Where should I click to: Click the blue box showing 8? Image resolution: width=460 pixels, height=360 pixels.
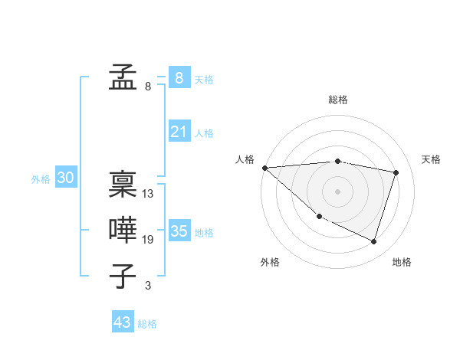(x=179, y=77)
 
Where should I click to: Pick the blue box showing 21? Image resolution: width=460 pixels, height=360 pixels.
(x=179, y=132)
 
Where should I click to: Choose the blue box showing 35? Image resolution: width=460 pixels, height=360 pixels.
(x=179, y=231)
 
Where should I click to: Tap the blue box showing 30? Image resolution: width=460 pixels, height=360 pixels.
(x=66, y=178)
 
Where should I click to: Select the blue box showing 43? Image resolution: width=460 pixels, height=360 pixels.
(x=122, y=322)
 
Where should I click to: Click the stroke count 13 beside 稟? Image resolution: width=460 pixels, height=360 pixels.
(x=148, y=194)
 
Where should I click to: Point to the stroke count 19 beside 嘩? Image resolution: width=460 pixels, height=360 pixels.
(x=148, y=240)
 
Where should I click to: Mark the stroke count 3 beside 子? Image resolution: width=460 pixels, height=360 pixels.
(x=148, y=286)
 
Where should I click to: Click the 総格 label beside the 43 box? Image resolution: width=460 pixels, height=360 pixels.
(x=147, y=324)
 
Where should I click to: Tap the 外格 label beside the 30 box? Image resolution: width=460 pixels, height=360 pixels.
(x=41, y=179)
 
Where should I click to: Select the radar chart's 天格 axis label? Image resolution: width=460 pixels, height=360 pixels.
(x=431, y=159)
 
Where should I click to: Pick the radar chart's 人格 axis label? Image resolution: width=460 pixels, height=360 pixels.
(x=245, y=159)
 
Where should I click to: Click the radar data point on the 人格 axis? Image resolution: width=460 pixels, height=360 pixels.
(x=264, y=168)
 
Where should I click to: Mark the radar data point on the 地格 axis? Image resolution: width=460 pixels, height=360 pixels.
(x=373, y=241)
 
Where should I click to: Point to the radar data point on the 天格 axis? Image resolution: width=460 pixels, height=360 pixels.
(x=396, y=172)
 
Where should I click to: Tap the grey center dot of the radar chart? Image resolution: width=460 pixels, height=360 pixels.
(x=337, y=191)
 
